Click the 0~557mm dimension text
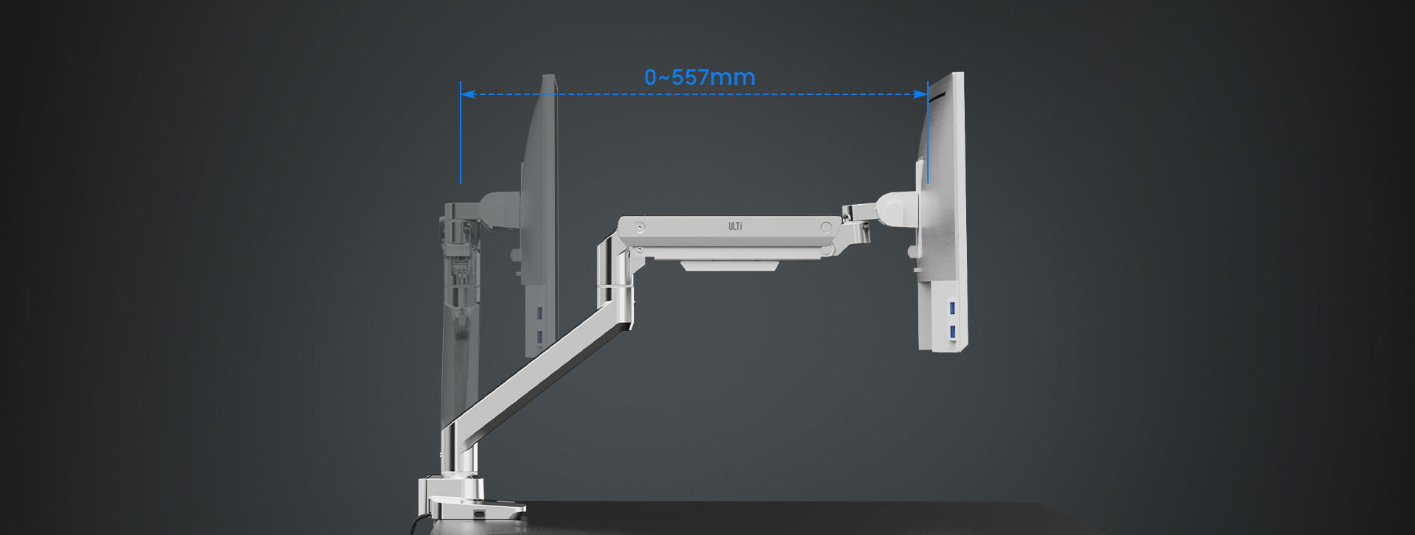click(699, 77)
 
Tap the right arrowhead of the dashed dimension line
click(920, 94)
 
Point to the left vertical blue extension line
click(461, 133)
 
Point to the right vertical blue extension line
click(928, 133)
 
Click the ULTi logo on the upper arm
click(735, 226)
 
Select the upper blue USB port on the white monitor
click(952, 307)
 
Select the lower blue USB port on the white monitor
click(952, 332)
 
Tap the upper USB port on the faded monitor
click(539, 313)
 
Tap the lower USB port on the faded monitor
click(539, 338)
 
